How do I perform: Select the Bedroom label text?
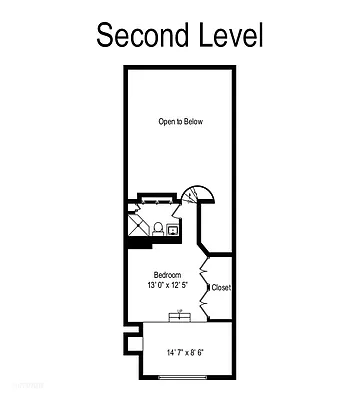tap(166, 274)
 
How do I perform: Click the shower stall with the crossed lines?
tap(136, 225)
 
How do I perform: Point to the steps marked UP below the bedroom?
tap(181, 317)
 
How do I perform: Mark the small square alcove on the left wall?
tap(127, 345)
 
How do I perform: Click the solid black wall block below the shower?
tap(137, 241)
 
